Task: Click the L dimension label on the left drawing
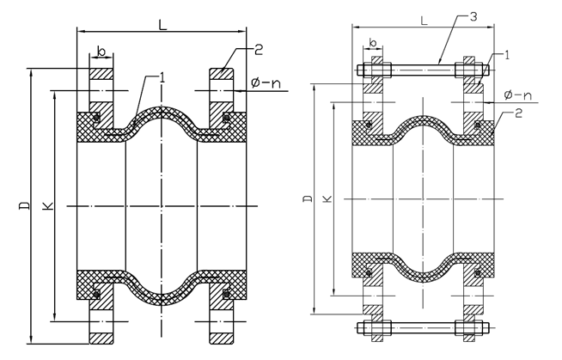163,24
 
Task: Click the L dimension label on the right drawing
424,21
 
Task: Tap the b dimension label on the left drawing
101,52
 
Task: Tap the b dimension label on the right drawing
373,43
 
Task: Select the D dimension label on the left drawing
24,205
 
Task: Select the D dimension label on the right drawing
308,198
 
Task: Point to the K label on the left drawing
48,205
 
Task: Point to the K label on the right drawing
327,198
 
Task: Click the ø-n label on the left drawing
266,83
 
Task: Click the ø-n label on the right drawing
518,95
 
